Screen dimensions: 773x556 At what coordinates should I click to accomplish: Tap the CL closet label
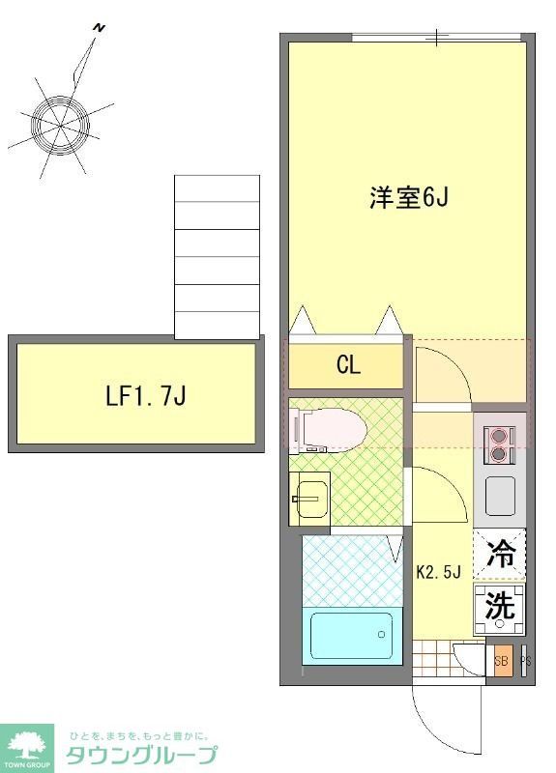[x=348, y=365]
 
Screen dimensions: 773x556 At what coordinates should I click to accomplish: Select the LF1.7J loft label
[x=145, y=395]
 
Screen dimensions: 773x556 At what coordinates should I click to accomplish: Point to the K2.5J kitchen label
[x=437, y=571]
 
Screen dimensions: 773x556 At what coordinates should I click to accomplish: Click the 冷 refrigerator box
[x=500, y=555]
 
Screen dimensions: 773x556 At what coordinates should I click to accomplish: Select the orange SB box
[x=500, y=662]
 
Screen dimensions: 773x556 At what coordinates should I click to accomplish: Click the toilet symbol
[x=329, y=425]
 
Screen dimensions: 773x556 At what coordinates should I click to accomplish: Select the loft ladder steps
[x=217, y=257]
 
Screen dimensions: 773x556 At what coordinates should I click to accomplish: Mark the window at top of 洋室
[x=437, y=38]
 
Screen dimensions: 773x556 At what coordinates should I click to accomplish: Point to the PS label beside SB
[x=525, y=662]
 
